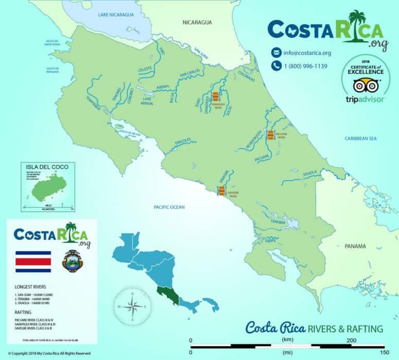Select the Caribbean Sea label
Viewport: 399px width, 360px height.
tap(361, 138)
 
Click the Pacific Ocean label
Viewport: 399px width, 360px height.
tap(169, 207)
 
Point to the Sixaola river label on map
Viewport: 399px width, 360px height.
tap(309, 173)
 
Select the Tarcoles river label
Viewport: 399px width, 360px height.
tap(183, 140)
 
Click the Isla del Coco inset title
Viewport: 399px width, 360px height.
tap(47, 167)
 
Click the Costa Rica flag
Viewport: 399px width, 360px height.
tap(33, 261)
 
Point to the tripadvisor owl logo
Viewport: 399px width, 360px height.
tap(366, 85)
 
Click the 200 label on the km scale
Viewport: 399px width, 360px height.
tap(352, 340)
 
